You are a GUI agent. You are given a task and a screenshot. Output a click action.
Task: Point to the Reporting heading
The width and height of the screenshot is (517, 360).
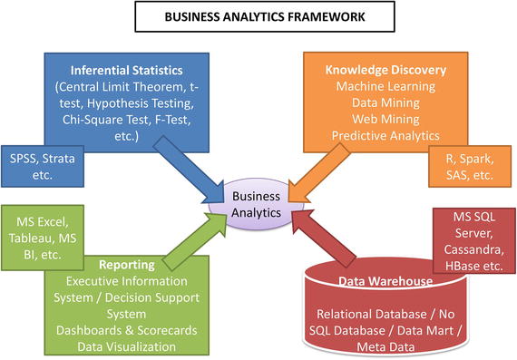coord(124,266)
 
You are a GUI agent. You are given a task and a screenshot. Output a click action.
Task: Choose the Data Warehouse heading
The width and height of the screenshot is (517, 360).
coord(385,281)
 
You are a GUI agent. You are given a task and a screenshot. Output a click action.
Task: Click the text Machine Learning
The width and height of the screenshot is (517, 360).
coord(378,86)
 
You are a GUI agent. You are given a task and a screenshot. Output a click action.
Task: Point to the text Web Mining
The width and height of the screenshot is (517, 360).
coord(378,119)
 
